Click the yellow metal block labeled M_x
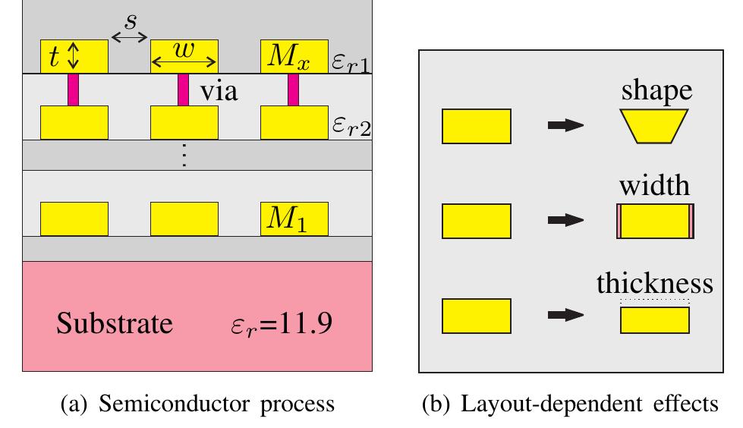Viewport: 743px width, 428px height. pyautogui.click(x=294, y=56)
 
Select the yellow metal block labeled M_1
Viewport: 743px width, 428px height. pyautogui.click(x=294, y=219)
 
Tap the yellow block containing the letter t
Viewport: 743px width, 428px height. pyautogui.click(x=74, y=56)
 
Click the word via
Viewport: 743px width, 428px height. pyautogui.click(x=219, y=92)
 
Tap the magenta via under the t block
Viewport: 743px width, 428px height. pyautogui.click(x=74, y=90)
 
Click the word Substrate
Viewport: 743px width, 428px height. pyautogui.click(x=114, y=325)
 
